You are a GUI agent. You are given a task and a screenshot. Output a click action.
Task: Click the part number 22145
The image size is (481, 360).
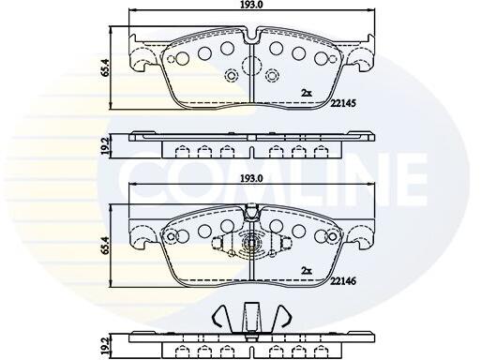coord(343,103)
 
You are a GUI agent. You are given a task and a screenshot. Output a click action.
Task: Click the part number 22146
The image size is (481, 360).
coord(343,281)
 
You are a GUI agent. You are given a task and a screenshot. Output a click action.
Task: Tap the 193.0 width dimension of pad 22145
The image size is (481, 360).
coord(252,4)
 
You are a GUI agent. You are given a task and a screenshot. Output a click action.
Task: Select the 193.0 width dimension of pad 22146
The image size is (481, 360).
coord(252,178)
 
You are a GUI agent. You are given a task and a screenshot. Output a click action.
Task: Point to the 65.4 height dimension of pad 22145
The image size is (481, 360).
coord(105,67)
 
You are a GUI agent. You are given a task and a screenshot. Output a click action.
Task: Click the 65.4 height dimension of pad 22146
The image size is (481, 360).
coord(105,246)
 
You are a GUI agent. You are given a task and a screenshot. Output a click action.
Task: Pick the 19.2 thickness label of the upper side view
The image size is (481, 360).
coord(105,146)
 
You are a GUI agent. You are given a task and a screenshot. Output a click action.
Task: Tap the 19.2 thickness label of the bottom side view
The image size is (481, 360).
coord(105,344)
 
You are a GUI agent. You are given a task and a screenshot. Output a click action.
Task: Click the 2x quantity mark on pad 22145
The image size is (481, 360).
coord(307,93)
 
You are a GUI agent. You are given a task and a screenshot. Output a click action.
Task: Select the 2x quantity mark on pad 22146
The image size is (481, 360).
coord(307,271)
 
